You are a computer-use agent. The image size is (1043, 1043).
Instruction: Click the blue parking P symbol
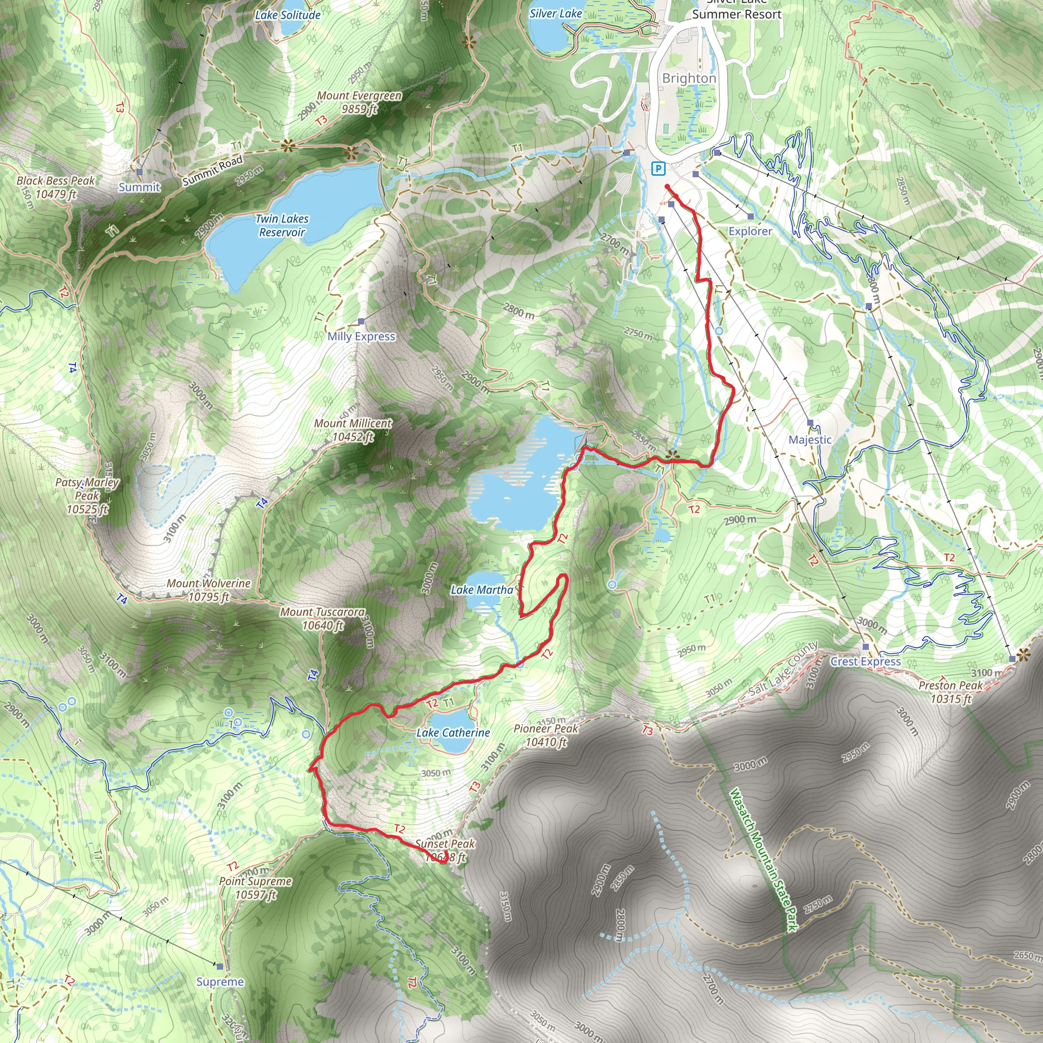(658, 169)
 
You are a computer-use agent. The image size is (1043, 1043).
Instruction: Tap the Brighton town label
(689, 78)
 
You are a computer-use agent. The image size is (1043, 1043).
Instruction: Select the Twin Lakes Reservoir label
(282, 226)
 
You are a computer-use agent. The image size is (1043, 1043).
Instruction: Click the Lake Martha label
(482, 590)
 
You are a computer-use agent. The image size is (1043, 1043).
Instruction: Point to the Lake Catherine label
(453, 732)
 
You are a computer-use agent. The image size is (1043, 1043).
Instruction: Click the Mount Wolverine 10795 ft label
(208, 590)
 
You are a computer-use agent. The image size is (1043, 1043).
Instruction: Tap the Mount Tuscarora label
(323, 619)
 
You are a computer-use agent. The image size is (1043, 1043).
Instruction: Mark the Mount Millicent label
(353, 430)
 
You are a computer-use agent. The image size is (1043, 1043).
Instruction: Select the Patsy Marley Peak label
(88, 496)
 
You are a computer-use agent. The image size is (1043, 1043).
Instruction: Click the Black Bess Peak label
(56, 187)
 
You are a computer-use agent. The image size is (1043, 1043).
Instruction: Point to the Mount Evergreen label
(360, 102)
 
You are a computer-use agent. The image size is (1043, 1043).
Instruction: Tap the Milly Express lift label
(361, 336)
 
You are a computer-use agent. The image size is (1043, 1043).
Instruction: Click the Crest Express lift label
(865, 662)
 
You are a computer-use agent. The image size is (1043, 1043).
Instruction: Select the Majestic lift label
(810, 440)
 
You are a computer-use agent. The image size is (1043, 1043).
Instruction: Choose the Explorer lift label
(750, 231)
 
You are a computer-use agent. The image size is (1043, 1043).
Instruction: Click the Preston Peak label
(951, 692)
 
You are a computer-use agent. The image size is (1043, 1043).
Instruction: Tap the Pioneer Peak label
(546, 735)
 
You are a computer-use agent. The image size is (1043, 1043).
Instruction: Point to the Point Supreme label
(255, 888)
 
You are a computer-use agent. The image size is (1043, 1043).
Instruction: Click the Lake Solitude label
(288, 15)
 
